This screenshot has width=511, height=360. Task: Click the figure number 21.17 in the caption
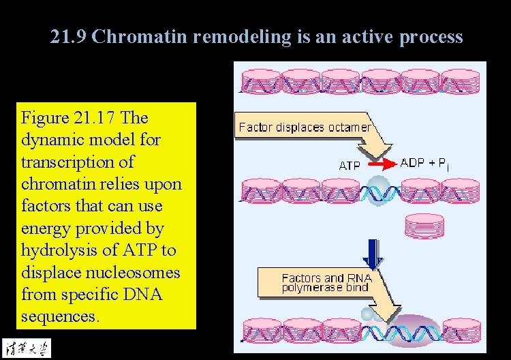pos(95,118)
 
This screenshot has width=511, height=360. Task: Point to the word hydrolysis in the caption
pos(58,250)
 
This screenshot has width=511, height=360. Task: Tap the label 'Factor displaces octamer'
pos(305,127)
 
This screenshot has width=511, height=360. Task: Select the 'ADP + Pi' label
pos(424,163)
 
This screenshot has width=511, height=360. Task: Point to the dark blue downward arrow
pos(373,253)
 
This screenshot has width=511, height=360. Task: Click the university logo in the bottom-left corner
pos(26,346)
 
